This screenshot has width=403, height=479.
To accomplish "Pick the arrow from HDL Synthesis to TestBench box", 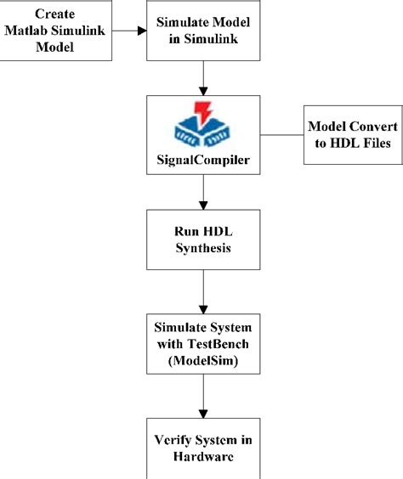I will [201, 298].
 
